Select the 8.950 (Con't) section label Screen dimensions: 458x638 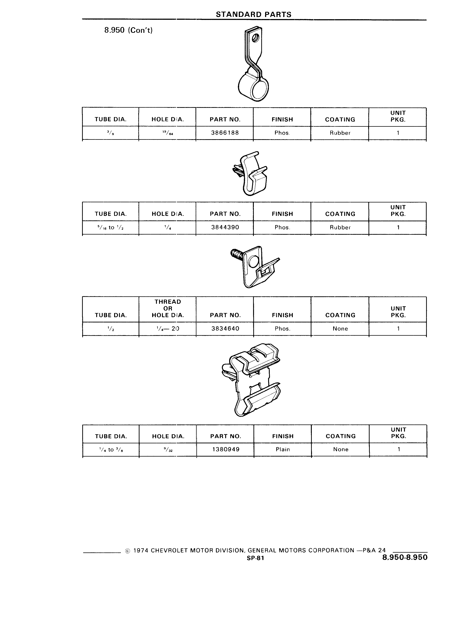128,30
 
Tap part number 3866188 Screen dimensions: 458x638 225,133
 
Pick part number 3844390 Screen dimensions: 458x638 225,227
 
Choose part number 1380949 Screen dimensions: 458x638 226,449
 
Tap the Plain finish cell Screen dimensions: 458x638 283,449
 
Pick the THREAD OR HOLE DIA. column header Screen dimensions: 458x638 168,308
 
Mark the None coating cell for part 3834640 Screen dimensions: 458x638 340,329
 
